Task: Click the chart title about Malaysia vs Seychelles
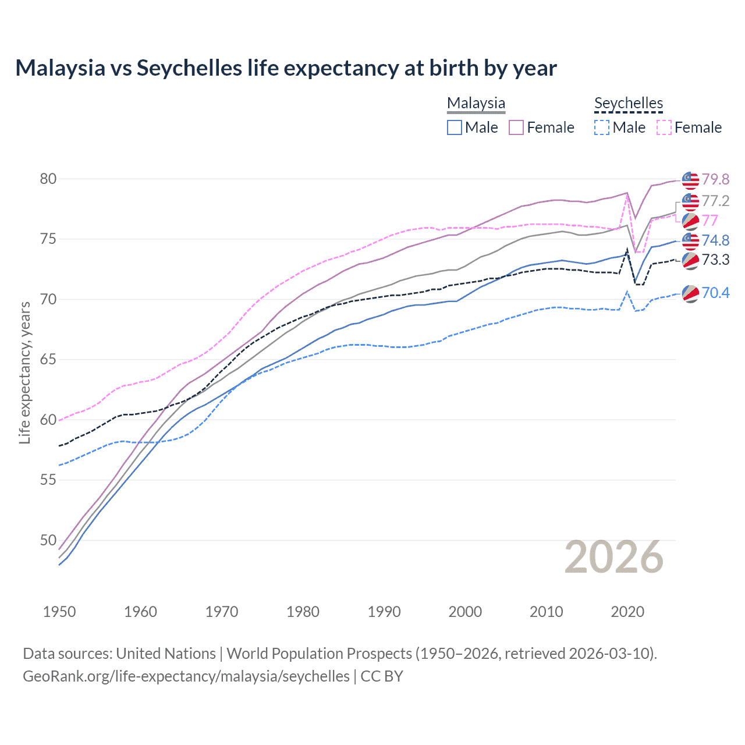pyautogui.click(x=286, y=68)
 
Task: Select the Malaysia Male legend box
pyautogui.click(x=455, y=127)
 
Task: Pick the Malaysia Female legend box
pyautogui.click(x=516, y=127)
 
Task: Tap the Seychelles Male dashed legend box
pyautogui.click(x=602, y=127)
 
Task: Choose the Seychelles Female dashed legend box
pyautogui.click(x=664, y=127)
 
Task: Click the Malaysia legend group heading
pyautogui.click(x=476, y=103)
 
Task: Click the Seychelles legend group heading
pyautogui.click(x=628, y=103)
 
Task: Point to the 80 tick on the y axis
pyautogui.click(x=48, y=179)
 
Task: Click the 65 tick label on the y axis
pyautogui.click(x=48, y=359)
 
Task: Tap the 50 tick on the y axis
pyautogui.click(x=48, y=540)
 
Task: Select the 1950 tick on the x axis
pyautogui.click(x=59, y=612)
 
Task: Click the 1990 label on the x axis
pyautogui.click(x=384, y=612)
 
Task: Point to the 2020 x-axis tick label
pyautogui.click(x=627, y=612)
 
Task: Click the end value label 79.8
pyautogui.click(x=715, y=179)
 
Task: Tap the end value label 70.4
pyautogui.click(x=715, y=293)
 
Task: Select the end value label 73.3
pyautogui.click(x=715, y=260)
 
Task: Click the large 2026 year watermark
pyautogui.click(x=613, y=558)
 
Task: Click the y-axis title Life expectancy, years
pyautogui.click(x=24, y=372)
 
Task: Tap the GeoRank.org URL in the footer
pyautogui.click(x=186, y=676)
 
